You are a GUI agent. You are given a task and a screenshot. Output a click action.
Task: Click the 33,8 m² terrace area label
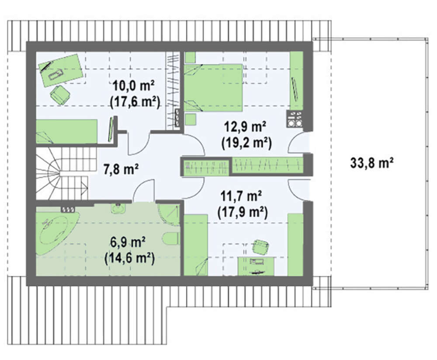[x=372, y=163]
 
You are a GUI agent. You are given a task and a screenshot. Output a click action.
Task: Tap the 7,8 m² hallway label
[x=121, y=169]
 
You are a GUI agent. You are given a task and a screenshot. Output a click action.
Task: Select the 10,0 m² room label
[x=133, y=85]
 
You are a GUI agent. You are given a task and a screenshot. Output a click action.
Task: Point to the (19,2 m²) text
[x=246, y=143]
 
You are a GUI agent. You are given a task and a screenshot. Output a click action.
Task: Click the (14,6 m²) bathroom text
[x=130, y=258]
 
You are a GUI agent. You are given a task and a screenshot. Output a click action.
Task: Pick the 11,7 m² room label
[x=241, y=196]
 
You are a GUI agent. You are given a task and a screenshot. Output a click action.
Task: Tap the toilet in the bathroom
[x=171, y=238]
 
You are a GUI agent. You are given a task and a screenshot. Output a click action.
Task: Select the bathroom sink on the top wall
[x=118, y=208]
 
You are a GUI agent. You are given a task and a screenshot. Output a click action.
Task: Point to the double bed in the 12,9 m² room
[x=213, y=88]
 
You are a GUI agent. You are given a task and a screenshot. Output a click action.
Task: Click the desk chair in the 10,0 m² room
[x=60, y=94]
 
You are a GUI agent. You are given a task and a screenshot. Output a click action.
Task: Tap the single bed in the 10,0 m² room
[x=66, y=131]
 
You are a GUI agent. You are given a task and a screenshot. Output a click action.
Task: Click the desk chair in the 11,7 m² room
[x=260, y=246]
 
